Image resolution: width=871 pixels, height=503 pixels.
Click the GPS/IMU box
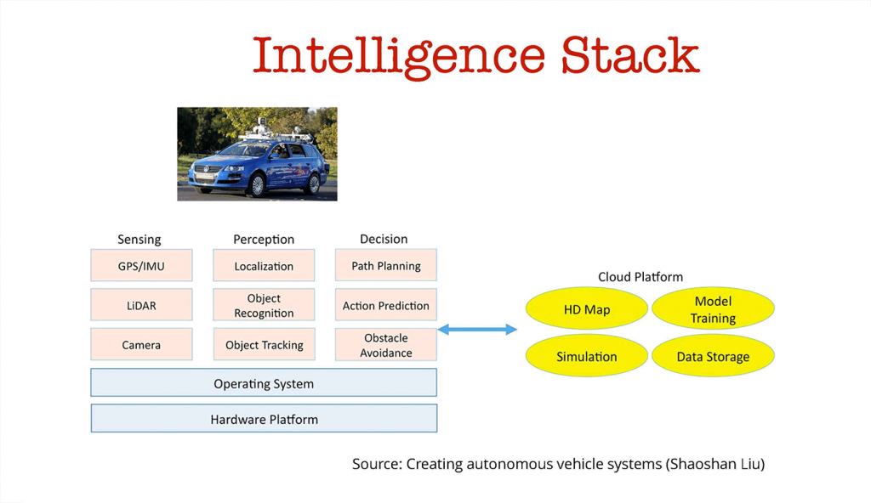(141, 266)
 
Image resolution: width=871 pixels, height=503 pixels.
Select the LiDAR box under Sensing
(141, 306)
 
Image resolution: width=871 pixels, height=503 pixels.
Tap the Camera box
(141, 345)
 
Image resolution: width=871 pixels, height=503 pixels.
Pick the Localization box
(264, 266)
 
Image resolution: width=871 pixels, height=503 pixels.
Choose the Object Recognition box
(264, 306)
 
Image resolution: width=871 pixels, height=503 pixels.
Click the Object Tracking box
(264, 345)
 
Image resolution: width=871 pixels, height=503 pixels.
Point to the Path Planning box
(386, 266)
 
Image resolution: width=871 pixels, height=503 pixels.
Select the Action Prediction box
(386, 306)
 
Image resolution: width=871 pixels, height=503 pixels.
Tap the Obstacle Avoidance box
(386, 345)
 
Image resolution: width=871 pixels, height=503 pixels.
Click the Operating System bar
(264, 384)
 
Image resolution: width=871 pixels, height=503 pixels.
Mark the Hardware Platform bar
(264, 419)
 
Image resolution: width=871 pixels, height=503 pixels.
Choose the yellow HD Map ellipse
(587, 310)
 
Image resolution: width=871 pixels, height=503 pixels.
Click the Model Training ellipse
(713, 310)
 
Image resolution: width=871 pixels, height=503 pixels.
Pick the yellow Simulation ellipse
(587, 356)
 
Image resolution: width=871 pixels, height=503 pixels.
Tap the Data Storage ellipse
(713, 356)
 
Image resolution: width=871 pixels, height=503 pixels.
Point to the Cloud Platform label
(640, 277)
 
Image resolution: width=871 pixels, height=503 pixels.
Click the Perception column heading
(264, 240)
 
